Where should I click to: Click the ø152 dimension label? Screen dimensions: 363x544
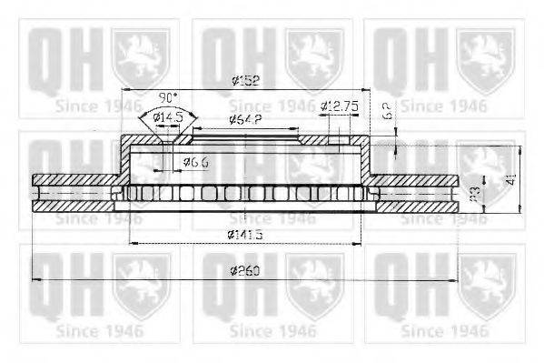tap(246, 81)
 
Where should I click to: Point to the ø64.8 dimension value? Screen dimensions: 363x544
tap(246, 119)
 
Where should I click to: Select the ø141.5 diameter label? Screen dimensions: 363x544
tap(246, 236)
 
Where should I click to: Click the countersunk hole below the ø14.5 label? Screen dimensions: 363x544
tap(166, 139)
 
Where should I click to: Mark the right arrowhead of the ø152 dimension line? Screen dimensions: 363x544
tap(368, 89)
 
